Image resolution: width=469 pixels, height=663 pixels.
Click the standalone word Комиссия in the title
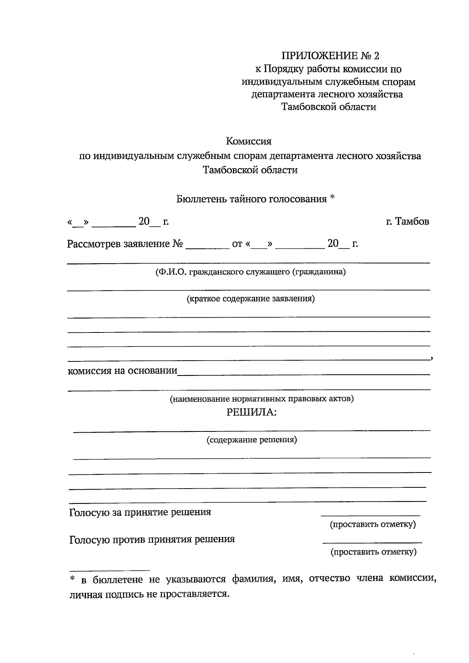[x=249, y=141]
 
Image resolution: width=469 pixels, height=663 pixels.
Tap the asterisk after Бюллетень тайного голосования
[x=332, y=198]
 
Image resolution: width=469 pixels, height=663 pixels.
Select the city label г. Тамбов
[x=407, y=221]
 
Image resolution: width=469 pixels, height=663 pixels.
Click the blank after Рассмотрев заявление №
[x=208, y=246]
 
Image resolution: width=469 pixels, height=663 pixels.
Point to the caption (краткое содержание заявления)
[x=251, y=299]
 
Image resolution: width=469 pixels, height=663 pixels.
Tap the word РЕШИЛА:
[x=251, y=412]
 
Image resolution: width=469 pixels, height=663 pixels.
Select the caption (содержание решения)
[x=252, y=440]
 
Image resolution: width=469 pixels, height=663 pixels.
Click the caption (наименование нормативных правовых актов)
[x=261, y=399]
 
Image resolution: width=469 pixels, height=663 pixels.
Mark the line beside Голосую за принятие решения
[x=370, y=513]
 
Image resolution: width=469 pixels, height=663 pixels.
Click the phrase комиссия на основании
[x=122, y=370]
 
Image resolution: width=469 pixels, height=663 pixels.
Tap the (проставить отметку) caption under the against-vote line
[x=373, y=552]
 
